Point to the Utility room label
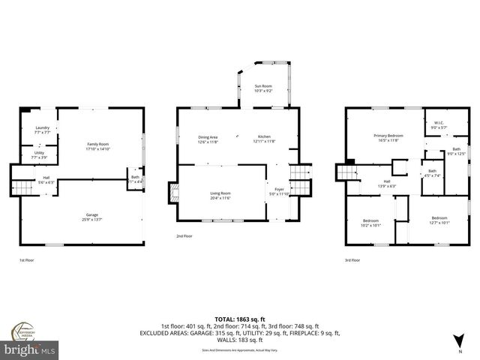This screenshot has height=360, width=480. point(39,155)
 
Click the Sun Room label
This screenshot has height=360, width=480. point(262,88)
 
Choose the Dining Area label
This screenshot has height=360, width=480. point(208,139)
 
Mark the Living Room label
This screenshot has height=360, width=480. point(220,195)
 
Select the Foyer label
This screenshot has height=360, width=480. point(279,191)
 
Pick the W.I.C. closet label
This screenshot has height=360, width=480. point(438,125)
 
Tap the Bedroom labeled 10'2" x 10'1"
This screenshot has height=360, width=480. point(371,222)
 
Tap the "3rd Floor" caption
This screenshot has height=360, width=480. point(352,260)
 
